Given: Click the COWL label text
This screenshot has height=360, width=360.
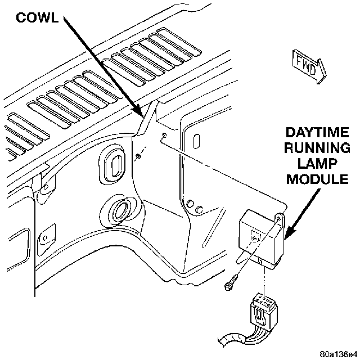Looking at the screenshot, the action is (37, 17).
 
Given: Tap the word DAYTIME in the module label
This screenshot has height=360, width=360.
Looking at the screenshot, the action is (317, 133).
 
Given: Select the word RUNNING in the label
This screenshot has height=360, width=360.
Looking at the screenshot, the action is (317, 148).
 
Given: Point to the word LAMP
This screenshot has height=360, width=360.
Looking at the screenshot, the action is (317, 164).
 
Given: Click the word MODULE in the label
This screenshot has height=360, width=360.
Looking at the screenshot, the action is (317, 179).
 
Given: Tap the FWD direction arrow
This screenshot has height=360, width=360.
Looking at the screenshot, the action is (309, 66).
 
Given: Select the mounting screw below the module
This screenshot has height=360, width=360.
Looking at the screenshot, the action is (231, 283).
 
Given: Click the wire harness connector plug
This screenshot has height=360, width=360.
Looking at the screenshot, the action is (264, 310).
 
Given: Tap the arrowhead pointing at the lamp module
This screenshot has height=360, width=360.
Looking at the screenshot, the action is (289, 232).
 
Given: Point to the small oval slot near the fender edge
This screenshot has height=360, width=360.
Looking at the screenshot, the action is (196, 141).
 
